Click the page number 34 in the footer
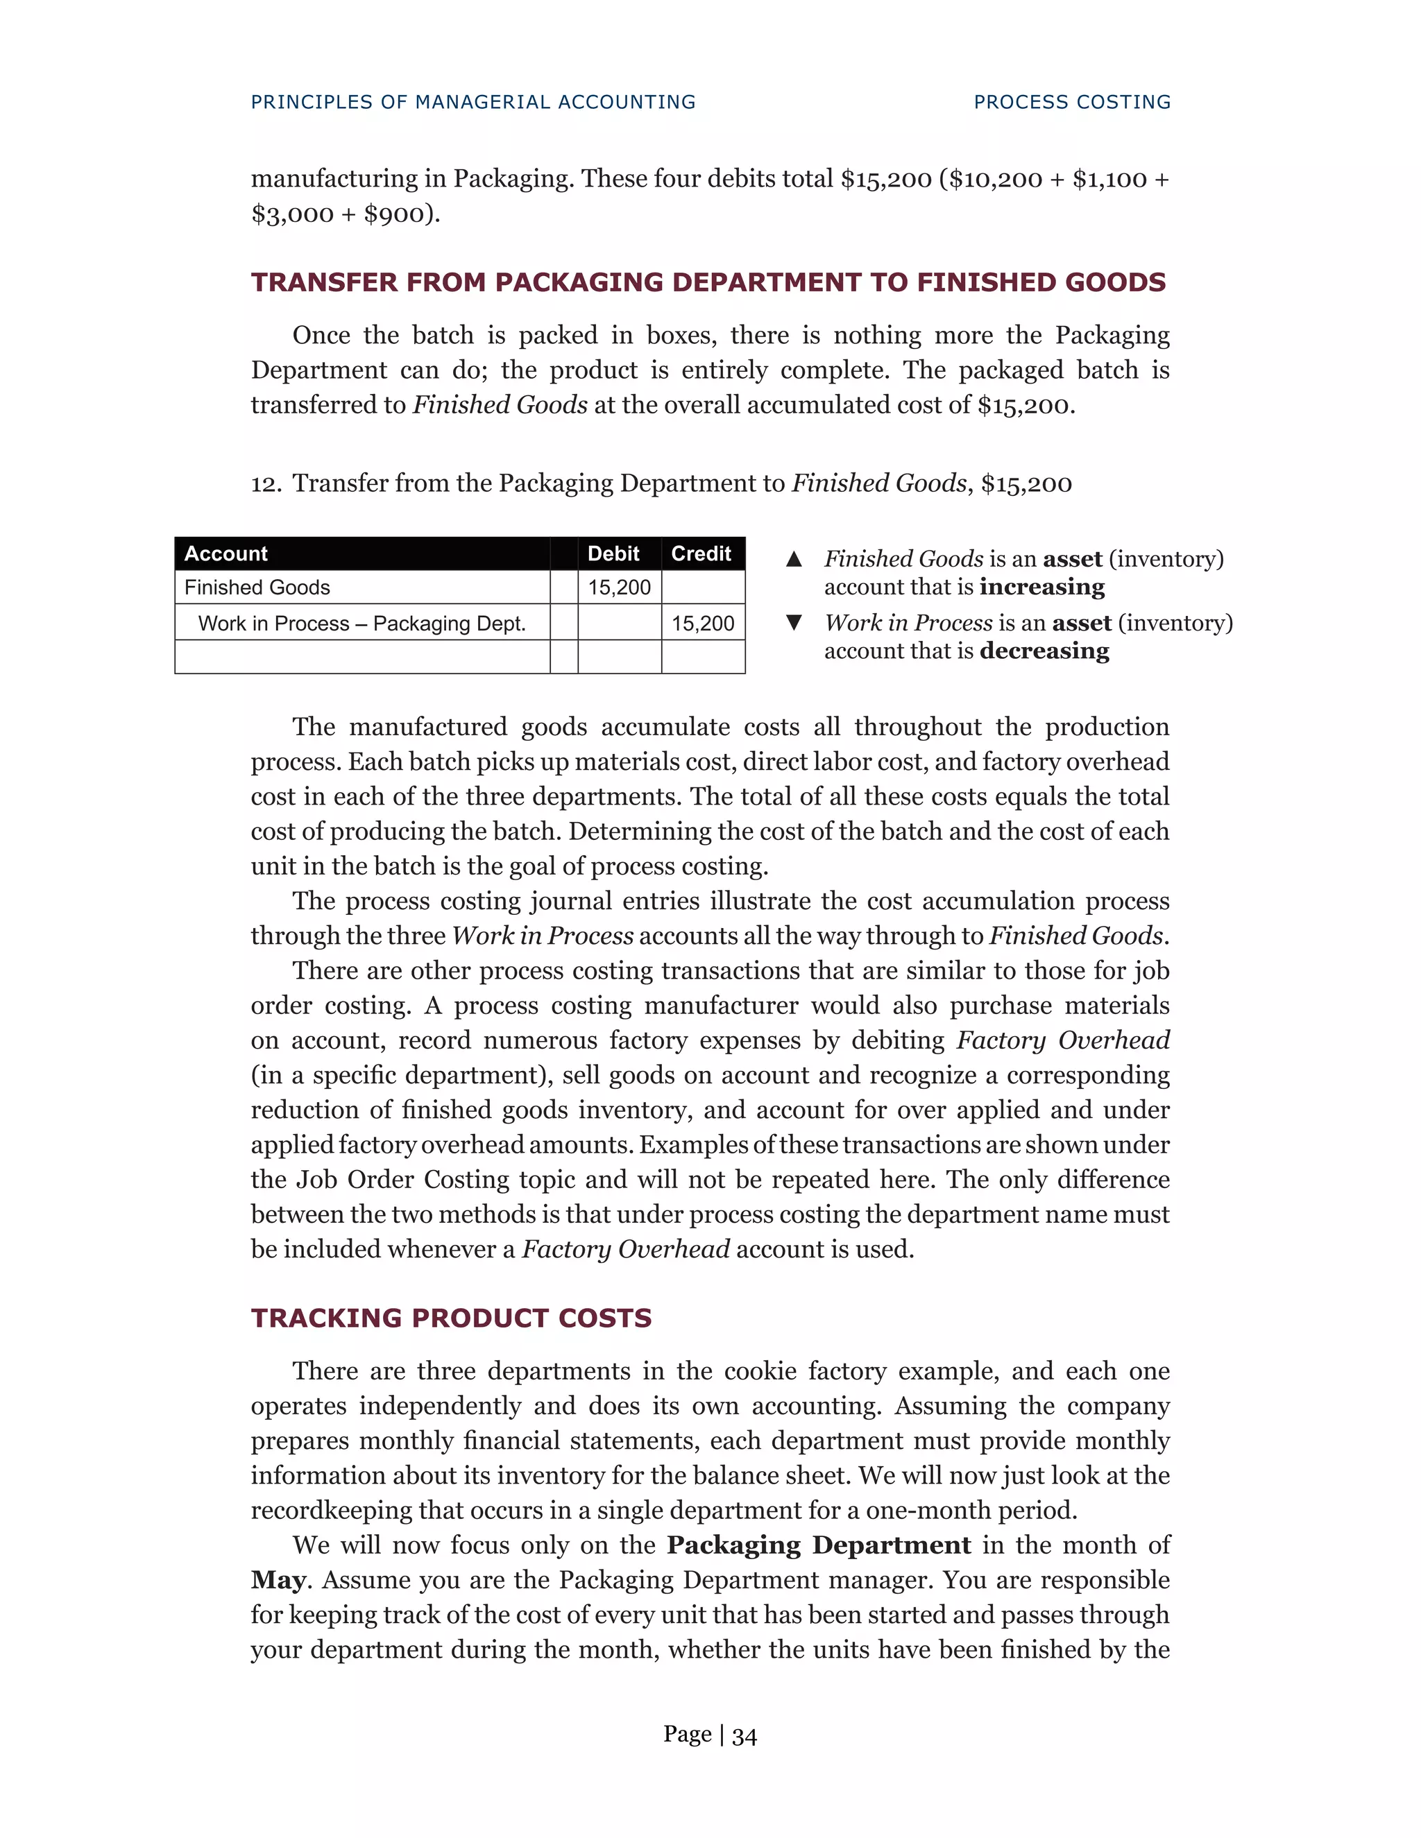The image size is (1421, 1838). pos(744,1735)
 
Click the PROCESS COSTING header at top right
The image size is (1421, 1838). pos(1071,102)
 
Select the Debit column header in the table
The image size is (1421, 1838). pos(613,553)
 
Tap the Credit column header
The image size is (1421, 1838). pos(700,553)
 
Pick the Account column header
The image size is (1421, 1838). pos(226,553)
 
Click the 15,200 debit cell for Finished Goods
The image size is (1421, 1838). pos(619,587)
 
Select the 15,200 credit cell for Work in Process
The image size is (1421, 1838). pos(703,624)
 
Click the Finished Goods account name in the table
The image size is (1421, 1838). pos(257,587)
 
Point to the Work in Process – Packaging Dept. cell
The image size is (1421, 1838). pos(362,624)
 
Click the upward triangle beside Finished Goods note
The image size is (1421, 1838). pos(793,559)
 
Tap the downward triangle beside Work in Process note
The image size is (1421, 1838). pos(793,623)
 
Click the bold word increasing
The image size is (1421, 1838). pos(1042,587)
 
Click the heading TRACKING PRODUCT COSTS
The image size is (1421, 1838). pos(451,1318)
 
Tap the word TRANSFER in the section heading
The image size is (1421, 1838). pos(326,282)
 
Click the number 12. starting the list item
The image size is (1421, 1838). pos(265,484)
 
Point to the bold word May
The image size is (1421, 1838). pos(278,1579)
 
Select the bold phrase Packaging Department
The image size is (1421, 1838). pos(818,1545)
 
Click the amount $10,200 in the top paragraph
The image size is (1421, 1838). pos(995,179)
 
